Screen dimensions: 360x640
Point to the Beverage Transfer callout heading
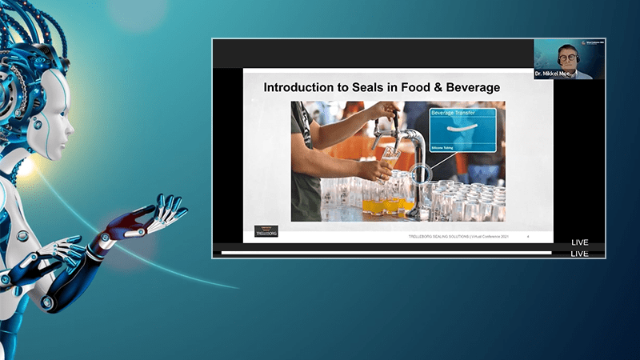point(454,114)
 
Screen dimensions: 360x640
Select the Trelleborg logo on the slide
point(266,230)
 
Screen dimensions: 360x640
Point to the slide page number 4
point(528,238)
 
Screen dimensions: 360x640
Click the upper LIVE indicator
point(580,242)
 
